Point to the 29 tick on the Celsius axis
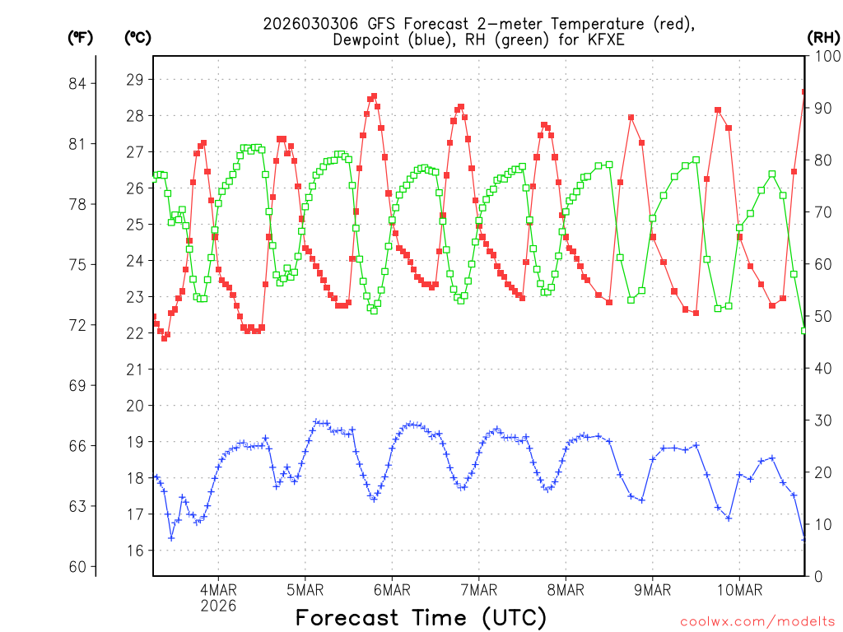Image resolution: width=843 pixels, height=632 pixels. click(134, 80)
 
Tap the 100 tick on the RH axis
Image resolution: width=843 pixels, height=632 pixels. click(825, 57)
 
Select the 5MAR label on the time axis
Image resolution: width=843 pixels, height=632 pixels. click(305, 590)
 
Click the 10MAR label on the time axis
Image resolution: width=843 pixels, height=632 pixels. click(739, 590)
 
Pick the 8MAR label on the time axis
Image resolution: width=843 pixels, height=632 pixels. click(566, 590)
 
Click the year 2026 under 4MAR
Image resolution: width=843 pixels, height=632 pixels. click(218, 606)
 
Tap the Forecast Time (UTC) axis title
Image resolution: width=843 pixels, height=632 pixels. click(421, 617)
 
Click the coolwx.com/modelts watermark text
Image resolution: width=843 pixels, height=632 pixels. click(757, 620)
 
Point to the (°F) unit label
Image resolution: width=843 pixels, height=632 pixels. click(81, 37)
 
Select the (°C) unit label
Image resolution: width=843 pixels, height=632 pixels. click(137, 37)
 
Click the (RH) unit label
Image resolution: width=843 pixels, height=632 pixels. click(823, 37)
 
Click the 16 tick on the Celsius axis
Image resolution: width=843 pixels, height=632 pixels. click(134, 551)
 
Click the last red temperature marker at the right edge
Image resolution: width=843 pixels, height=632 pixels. click(804, 91)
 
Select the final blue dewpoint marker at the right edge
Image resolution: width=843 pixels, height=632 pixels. click(804, 539)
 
